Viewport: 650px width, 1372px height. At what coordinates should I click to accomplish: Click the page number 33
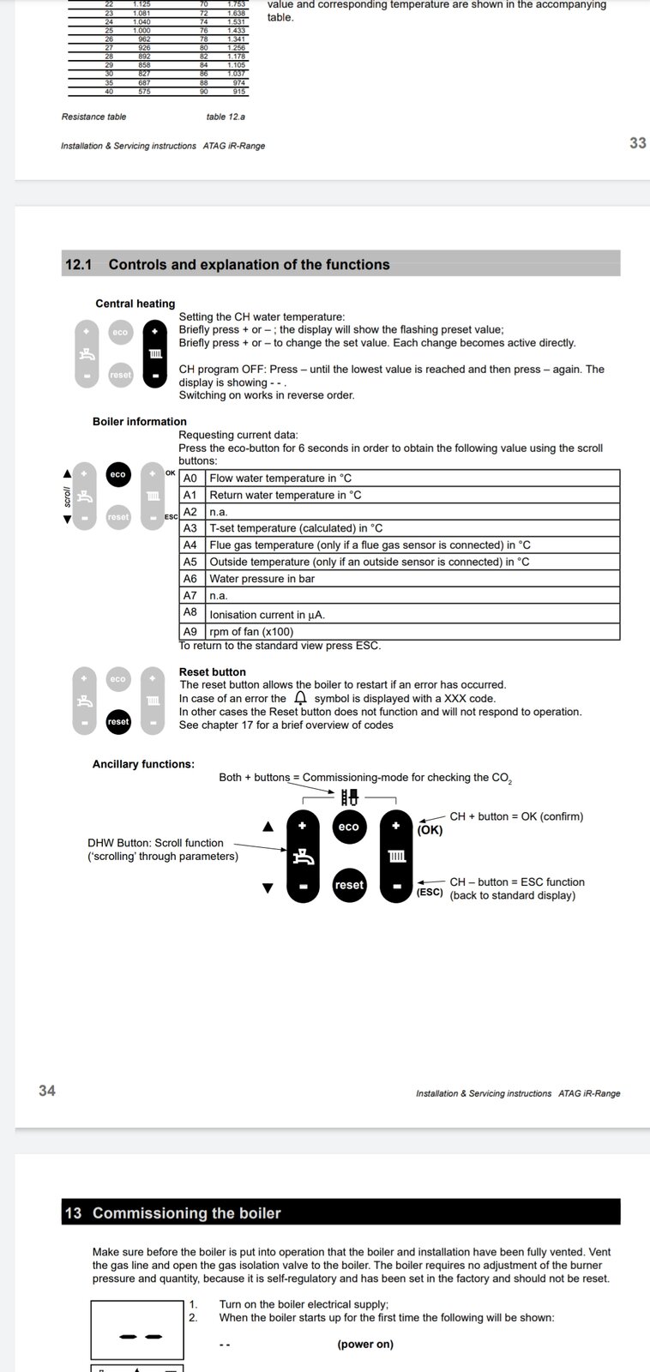(637, 143)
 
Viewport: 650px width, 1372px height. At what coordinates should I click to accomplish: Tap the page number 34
(46, 1090)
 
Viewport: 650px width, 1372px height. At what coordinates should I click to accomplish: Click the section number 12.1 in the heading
(78, 265)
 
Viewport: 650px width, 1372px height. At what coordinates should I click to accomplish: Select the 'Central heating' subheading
(135, 304)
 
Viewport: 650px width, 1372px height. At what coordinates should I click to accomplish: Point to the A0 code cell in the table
(190, 478)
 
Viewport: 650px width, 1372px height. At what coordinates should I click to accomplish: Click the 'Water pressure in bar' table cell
(262, 579)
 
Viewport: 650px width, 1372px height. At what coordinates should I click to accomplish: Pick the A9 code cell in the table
(190, 631)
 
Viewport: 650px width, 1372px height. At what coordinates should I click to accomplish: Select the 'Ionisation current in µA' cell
(267, 614)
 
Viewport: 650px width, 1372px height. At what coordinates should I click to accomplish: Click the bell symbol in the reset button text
(300, 698)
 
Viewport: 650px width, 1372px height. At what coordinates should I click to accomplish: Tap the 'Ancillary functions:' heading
(143, 764)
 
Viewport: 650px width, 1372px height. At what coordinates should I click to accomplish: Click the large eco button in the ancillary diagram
(349, 827)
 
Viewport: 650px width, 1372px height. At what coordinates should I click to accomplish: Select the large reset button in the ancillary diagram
(349, 885)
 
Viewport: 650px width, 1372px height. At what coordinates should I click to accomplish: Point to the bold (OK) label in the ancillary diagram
(430, 830)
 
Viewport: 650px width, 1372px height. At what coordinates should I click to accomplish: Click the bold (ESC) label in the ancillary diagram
(430, 893)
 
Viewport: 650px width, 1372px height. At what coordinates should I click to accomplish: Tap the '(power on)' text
(365, 1344)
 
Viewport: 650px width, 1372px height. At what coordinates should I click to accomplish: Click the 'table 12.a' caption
(226, 117)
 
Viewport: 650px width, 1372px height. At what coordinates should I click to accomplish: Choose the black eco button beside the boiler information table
(117, 474)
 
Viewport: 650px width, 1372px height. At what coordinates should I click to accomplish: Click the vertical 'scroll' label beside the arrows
(68, 496)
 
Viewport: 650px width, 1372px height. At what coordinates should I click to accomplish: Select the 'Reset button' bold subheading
(212, 671)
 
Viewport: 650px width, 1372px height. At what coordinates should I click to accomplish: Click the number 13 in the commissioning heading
(73, 1213)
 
